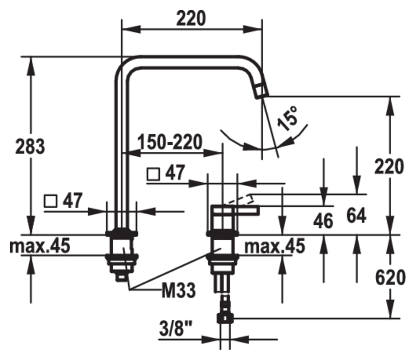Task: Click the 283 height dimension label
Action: pos(30,147)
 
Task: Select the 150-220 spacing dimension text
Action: pos(170,142)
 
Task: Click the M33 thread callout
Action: pos(179,290)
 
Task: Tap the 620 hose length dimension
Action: pos(390,277)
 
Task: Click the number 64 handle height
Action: pos(356,215)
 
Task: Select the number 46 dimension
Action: pos(323,221)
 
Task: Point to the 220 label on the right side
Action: pos(389,166)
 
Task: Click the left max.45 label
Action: pos(40,246)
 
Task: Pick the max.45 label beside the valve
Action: pos(275,246)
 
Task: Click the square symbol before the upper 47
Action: pos(153,174)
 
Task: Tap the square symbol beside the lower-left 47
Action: pos(50,201)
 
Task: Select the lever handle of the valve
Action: pos(235,210)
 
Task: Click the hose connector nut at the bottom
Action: pos(225,318)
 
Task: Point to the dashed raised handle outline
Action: pos(240,199)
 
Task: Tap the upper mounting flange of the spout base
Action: pos(121,233)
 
